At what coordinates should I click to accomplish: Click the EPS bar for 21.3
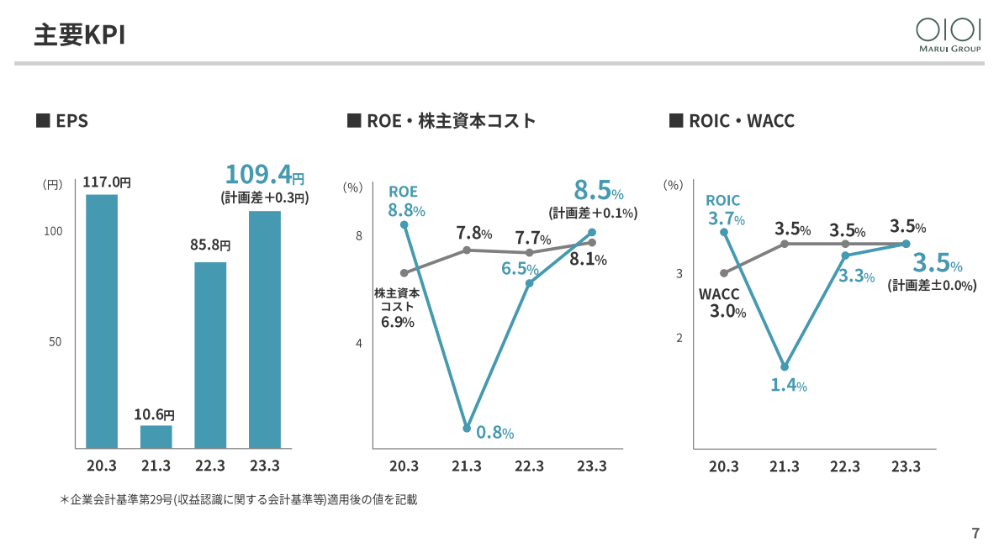156,437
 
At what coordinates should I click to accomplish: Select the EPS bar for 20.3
102,322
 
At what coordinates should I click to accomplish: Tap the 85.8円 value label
210,245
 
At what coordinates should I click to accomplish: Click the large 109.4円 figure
264,174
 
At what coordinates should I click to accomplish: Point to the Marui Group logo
949,35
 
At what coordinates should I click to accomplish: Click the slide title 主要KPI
80,35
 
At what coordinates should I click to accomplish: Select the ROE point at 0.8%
467,428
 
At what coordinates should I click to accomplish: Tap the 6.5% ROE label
520,269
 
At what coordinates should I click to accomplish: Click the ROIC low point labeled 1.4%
785,367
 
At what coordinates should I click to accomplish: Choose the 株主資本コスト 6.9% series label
397,308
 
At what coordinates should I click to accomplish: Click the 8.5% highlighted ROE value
598,191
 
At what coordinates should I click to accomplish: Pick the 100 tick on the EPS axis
54,231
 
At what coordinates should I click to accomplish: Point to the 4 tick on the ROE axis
359,344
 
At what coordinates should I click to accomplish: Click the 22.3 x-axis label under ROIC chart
845,466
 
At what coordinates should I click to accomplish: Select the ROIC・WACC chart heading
732,121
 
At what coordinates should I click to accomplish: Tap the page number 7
975,533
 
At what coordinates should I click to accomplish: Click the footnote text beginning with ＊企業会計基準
239,500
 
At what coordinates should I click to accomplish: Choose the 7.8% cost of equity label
474,234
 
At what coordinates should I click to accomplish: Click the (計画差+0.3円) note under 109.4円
265,198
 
